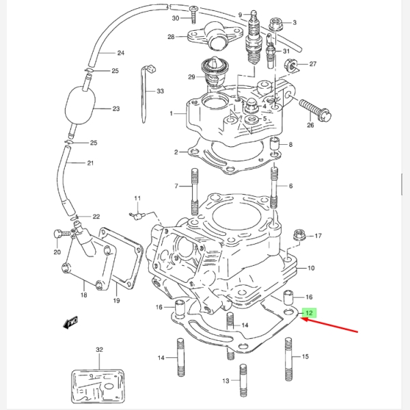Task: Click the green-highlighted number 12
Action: coord(310,314)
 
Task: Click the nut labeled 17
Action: coord(298,236)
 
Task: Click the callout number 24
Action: coord(120,53)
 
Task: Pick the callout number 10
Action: coord(311,269)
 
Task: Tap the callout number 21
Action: coord(90,163)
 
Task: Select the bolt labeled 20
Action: coord(59,234)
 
